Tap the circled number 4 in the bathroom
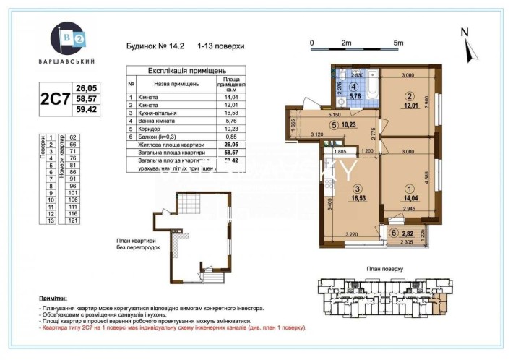click(355, 85)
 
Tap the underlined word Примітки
click(54, 298)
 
